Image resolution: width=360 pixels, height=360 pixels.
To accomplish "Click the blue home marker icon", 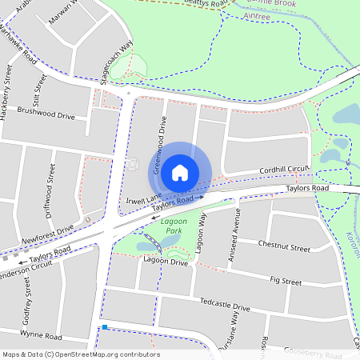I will click(180, 172).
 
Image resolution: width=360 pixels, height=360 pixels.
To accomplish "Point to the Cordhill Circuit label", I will click(283, 170).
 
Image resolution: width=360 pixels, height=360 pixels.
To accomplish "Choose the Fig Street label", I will click(286, 282).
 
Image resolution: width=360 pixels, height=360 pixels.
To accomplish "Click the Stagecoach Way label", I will click(117, 57).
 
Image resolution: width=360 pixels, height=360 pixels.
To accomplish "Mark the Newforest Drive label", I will click(47, 231).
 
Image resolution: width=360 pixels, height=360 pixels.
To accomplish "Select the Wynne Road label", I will click(41, 336).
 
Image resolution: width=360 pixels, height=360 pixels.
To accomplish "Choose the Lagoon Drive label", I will click(166, 262).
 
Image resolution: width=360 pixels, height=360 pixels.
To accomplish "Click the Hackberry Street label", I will click(8, 95).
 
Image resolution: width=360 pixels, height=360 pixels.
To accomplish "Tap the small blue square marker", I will click(104, 327).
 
